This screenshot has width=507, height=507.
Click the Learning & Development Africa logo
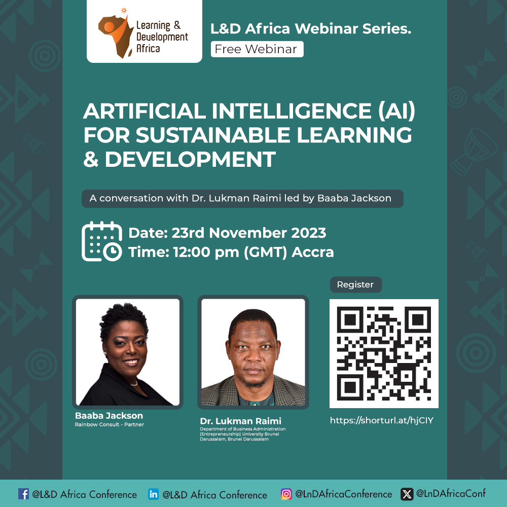coord(144,31)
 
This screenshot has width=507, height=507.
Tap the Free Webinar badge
coord(257,49)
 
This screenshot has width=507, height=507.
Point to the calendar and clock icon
coord(101,241)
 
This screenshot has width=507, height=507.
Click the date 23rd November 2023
coord(248,233)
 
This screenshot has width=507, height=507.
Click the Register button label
coord(355,284)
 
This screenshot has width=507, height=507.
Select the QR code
coord(384,353)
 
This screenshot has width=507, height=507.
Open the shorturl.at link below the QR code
coord(382,420)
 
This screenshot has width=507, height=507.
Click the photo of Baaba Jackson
coord(128,352)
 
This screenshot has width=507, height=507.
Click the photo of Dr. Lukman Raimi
coord(253,352)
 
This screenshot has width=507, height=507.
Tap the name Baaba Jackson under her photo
coord(109,416)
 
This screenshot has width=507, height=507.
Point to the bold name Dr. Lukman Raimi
coord(240,421)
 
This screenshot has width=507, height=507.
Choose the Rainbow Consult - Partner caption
coord(110,424)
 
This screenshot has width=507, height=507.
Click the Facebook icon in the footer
coord(23,494)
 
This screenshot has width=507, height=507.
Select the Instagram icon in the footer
coord(286,494)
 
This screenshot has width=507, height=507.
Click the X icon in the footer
coord(407,494)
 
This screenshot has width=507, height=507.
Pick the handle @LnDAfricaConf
coord(451,493)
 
